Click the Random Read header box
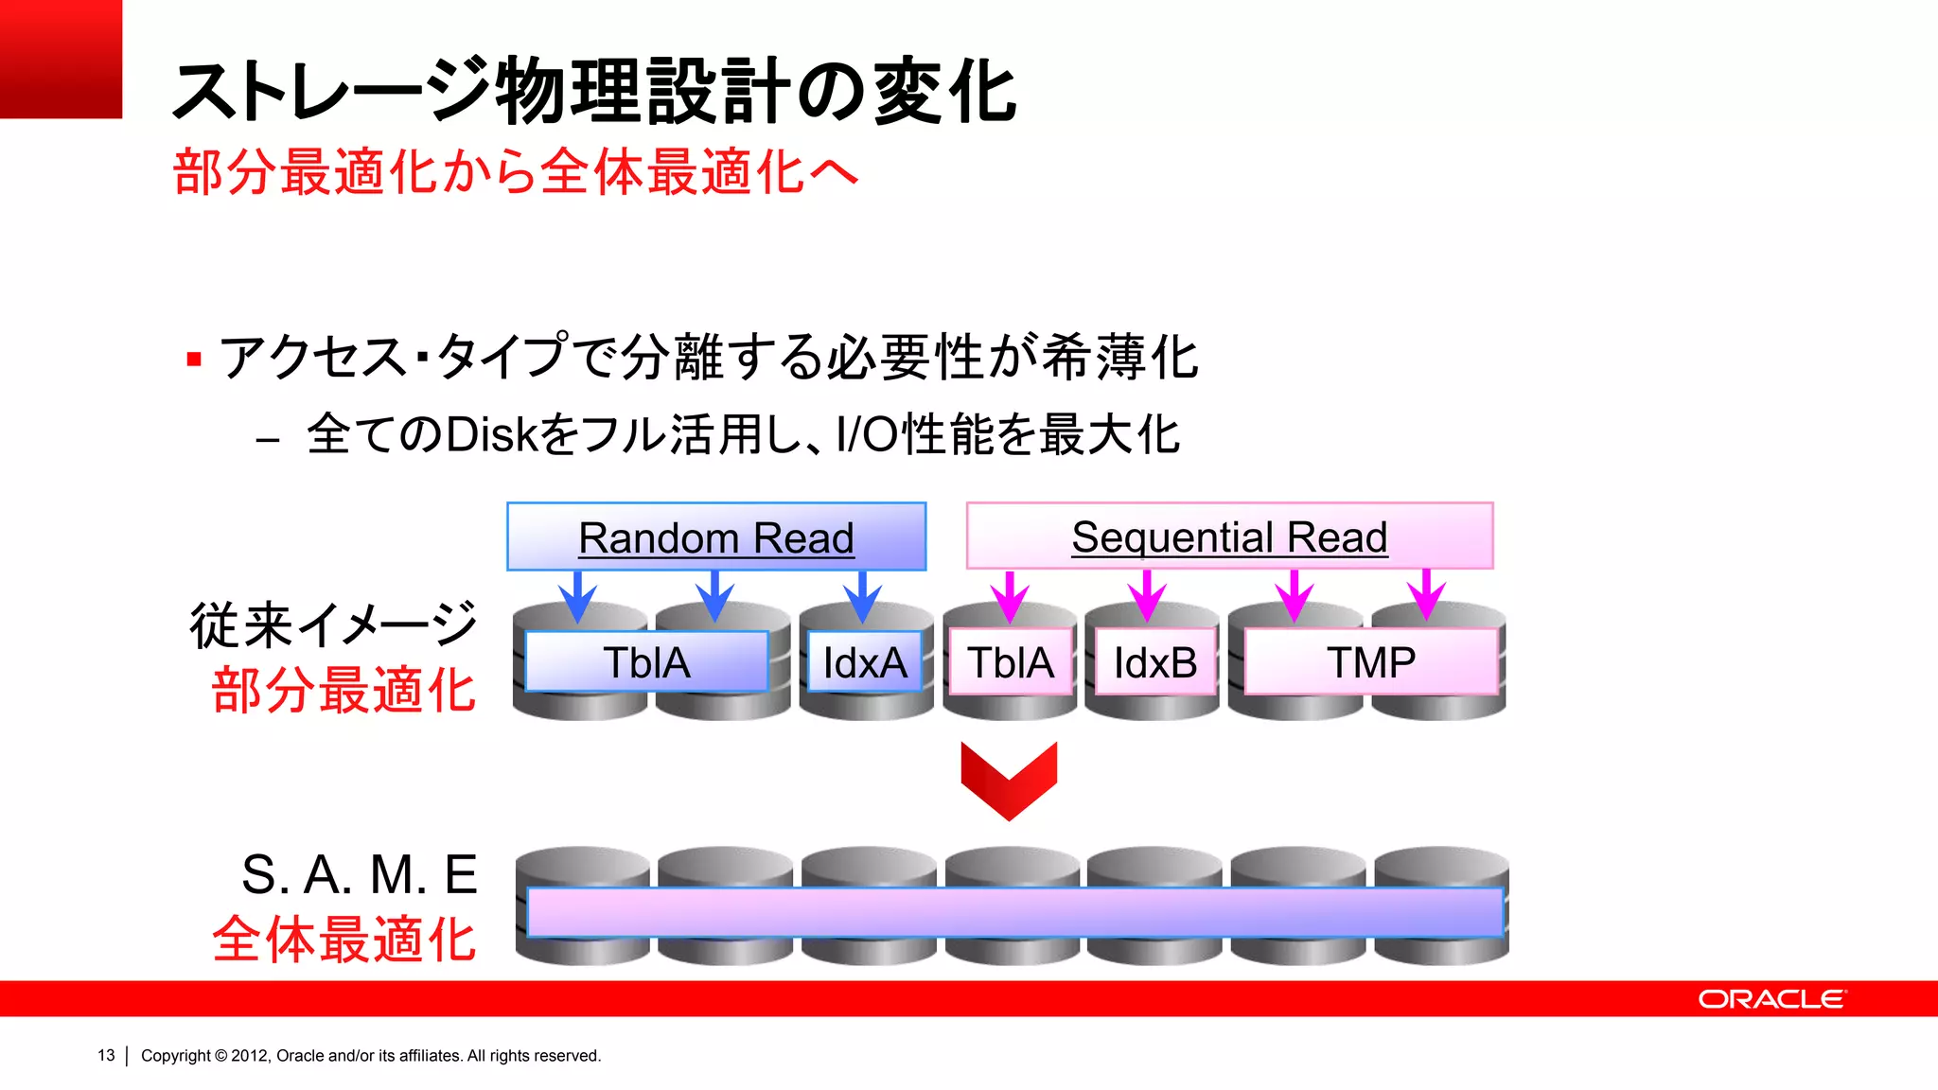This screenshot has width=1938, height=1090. [x=716, y=536]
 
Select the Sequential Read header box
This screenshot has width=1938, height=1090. [x=1229, y=536]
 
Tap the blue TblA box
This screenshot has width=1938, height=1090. [x=646, y=661]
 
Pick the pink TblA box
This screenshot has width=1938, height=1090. [x=1011, y=661]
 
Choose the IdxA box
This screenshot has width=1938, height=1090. [x=865, y=661]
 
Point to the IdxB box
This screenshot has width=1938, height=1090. [x=1155, y=661]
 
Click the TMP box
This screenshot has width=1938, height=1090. [x=1370, y=661]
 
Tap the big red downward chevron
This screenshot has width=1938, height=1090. [x=1009, y=779]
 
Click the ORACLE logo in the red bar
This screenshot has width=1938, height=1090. [x=1771, y=999]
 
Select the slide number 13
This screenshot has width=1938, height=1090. [x=106, y=1055]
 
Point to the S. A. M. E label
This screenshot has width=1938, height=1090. [x=360, y=873]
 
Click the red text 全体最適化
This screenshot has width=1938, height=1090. [x=344, y=939]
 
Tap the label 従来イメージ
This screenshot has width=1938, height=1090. [x=333, y=624]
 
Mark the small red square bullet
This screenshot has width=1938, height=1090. [x=194, y=360]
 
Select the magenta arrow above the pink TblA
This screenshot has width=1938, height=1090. [x=1010, y=596]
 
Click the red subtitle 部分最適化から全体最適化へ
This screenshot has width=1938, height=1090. [x=516, y=172]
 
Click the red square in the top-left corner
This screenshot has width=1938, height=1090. [x=61, y=59]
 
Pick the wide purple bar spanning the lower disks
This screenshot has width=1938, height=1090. [x=1014, y=912]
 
